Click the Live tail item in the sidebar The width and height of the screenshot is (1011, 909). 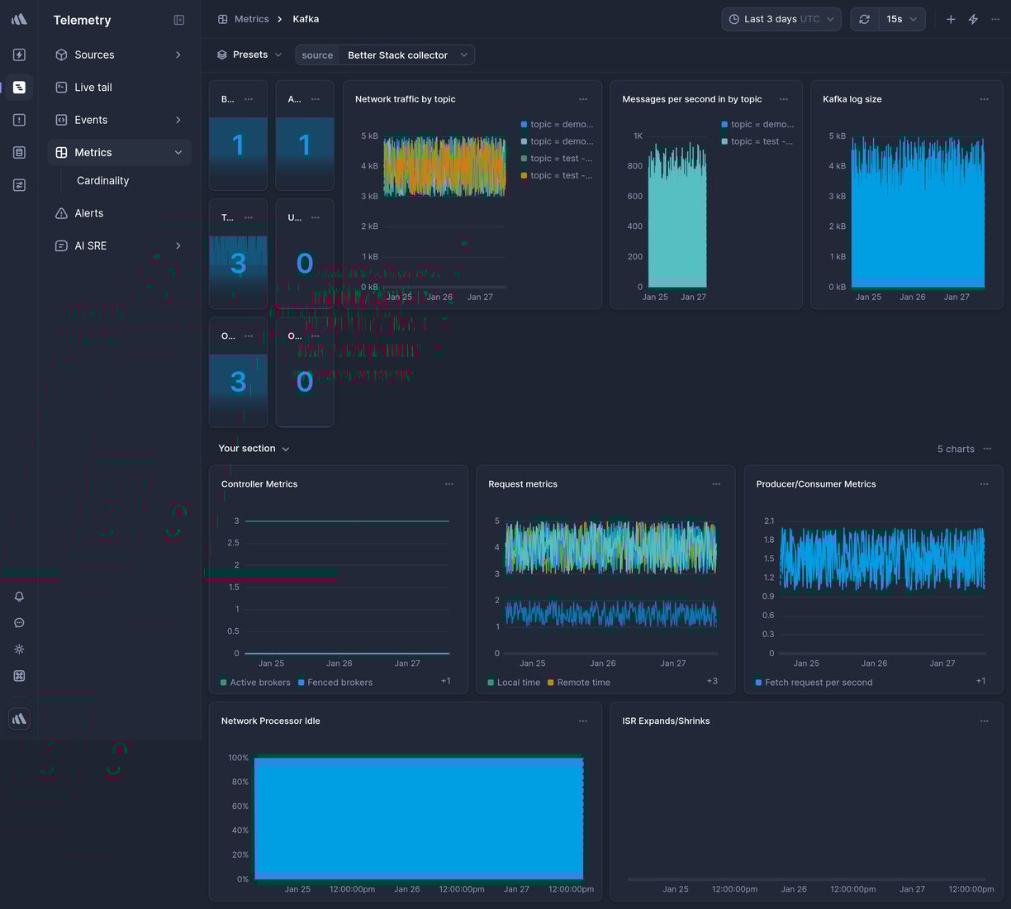click(x=93, y=87)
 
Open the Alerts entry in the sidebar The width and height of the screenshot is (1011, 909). click(x=88, y=213)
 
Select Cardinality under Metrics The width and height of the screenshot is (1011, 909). click(x=102, y=180)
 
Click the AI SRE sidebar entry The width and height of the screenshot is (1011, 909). click(x=90, y=245)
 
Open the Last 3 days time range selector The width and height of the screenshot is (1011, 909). click(x=781, y=19)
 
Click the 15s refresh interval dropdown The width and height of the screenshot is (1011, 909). click(x=900, y=19)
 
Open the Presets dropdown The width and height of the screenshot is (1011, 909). click(x=249, y=55)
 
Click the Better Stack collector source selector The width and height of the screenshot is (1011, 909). click(x=397, y=55)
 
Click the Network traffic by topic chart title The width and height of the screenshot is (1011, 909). click(x=405, y=99)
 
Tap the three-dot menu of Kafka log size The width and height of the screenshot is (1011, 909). click(x=984, y=99)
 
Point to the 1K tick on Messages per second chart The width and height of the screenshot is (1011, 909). click(x=638, y=136)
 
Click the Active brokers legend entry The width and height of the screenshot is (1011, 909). click(x=259, y=683)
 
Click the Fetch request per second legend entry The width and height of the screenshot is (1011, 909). click(x=818, y=683)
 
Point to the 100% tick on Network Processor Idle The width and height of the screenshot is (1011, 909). click(x=238, y=758)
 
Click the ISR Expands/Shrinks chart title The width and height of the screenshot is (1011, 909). click(x=666, y=721)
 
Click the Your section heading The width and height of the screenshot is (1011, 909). click(x=247, y=448)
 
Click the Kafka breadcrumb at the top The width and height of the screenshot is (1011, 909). click(x=306, y=19)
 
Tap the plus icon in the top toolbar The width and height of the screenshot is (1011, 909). click(x=951, y=19)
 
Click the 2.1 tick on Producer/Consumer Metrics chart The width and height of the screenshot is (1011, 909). click(x=769, y=521)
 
